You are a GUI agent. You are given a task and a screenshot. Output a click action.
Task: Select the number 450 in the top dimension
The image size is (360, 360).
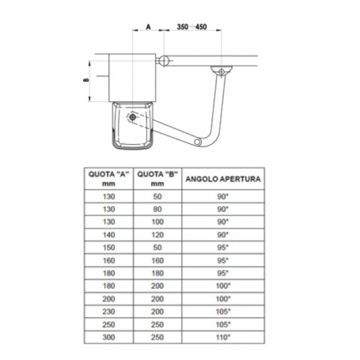pos(200,28)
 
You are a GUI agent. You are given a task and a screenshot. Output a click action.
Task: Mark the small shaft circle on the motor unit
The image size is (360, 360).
pos(132,116)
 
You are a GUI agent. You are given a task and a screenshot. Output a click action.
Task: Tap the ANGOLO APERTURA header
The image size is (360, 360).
pos(222,180)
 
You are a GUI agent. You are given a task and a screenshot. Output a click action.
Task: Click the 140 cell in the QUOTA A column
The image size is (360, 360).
pos(109,235)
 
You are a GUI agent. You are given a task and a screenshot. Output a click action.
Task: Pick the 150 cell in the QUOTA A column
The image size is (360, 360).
pos(109,248)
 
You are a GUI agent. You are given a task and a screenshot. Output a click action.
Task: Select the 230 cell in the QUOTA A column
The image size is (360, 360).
pos(109,312)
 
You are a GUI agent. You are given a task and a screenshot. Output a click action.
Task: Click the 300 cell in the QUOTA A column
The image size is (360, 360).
pos(109,337)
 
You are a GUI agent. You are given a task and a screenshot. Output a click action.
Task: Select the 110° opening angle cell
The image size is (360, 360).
pos(222,337)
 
